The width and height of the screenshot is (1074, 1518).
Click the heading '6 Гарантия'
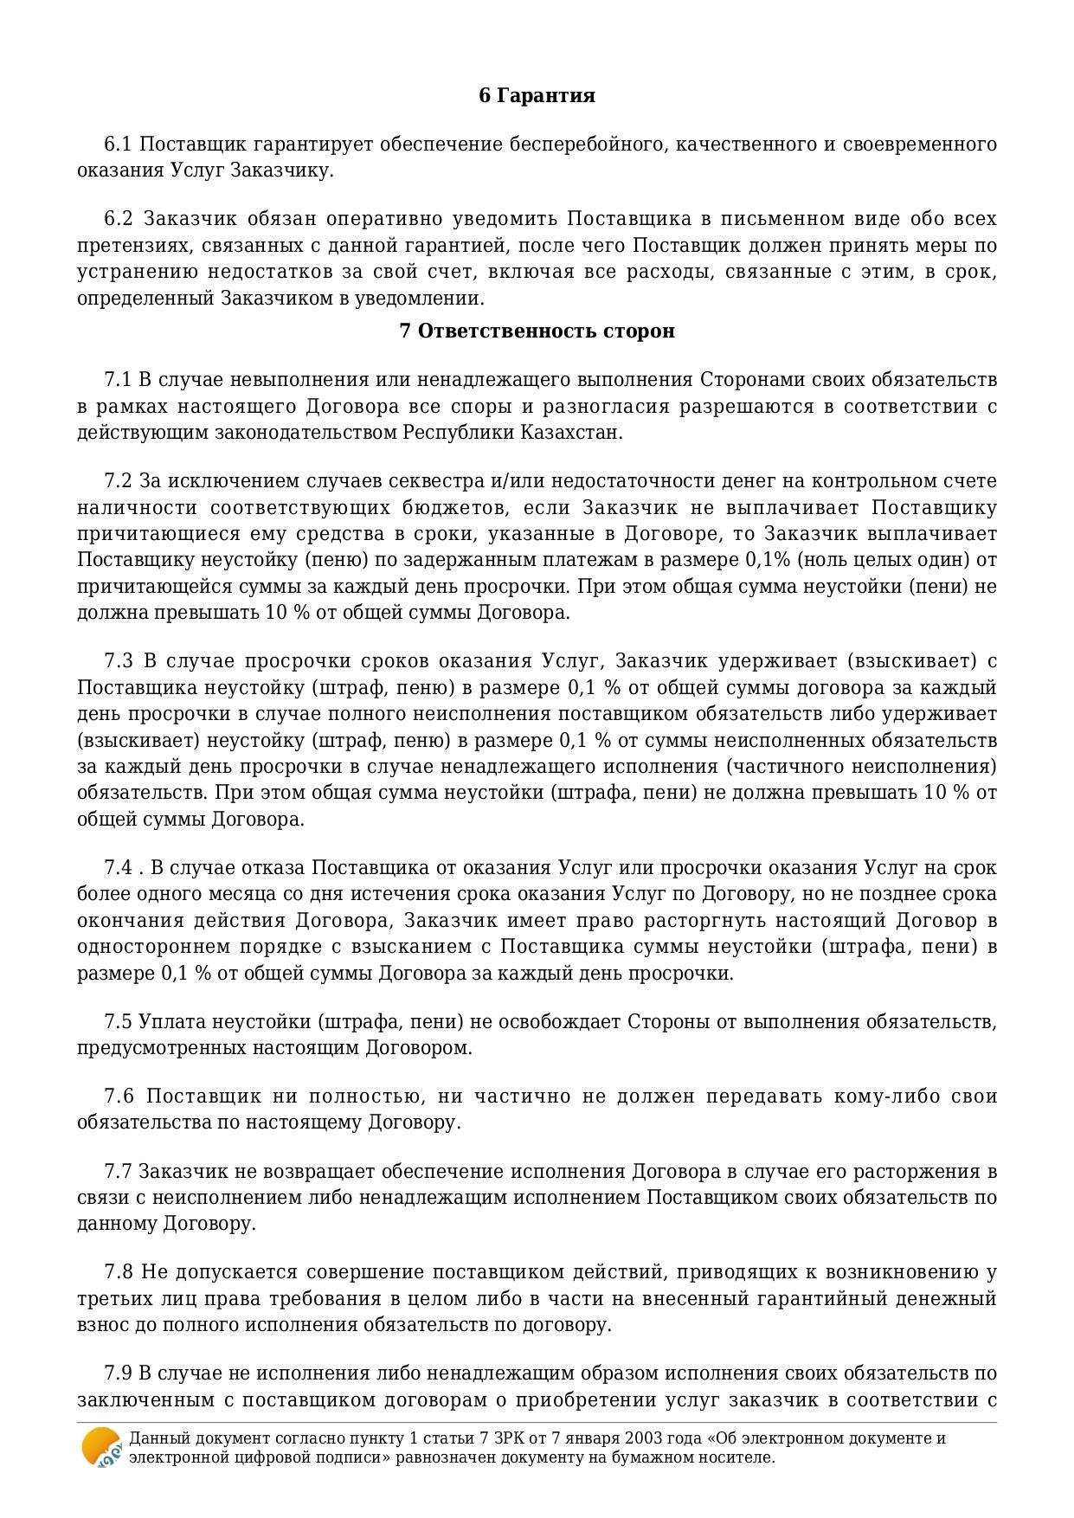pyautogui.click(x=537, y=95)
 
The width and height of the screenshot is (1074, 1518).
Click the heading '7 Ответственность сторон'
pyautogui.click(x=537, y=331)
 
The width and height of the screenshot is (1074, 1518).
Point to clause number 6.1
pyautogui.click(x=118, y=144)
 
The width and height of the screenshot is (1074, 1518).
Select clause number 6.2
pyautogui.click(x=118, y=218)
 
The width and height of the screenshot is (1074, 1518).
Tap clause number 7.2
pyautogui.click(x=118, y=481)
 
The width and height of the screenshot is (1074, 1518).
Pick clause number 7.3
pyautogui.click(x=119, y=661)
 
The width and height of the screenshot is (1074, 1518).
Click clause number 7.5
pyautogui.click(x=118, y=1022)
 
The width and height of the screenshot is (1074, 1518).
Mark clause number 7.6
pyautogui.click(x=119, y=1097)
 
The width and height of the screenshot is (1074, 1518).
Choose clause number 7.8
pyautogui.click(x=119, y=1273)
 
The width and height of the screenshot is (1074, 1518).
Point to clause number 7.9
pyautogui.click(x=118, y=1373)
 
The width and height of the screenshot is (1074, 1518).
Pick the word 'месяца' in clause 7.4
pyautogui.click(x=191, y=894)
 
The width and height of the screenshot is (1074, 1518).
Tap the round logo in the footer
pyautogui.click(x=101, y=1447)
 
